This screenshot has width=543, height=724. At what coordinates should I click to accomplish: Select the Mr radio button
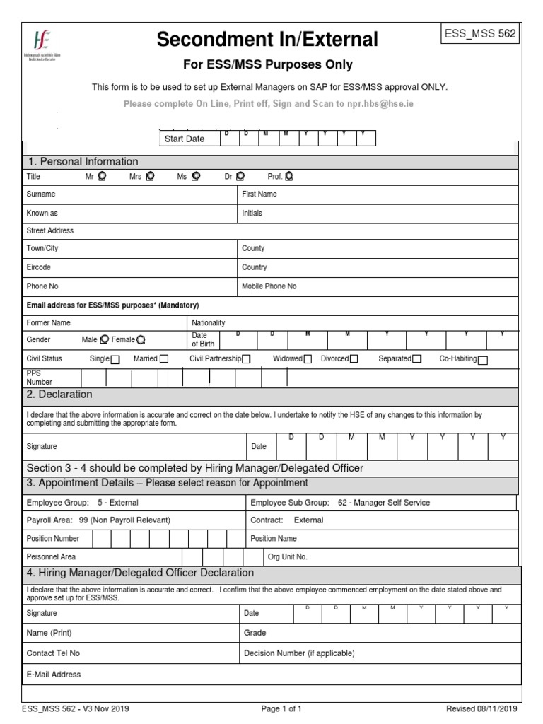tap(102, 177)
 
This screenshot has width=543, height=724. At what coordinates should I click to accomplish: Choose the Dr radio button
tap(240, 177)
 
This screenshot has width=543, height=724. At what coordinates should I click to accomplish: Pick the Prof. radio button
tap(289, 177)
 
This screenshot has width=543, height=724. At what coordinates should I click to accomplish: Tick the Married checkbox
tap(164, 359)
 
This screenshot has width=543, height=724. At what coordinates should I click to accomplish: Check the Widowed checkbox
tap(308, 359)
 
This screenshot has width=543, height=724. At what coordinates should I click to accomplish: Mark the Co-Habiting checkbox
tap(483, 360)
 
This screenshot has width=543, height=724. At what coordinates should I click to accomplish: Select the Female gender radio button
tap(141, 340)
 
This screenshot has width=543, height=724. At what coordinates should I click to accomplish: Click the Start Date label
tap(184, 139)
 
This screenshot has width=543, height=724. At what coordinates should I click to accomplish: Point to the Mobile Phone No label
tap(269, 286)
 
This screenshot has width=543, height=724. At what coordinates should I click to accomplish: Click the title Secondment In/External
tap(267, 40)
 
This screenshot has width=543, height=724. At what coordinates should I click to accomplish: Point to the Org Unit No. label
tap(287, 556)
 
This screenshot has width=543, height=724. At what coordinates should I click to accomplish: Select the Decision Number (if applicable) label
tap(299, 653)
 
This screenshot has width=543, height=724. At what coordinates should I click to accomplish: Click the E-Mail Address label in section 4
tap(54, 675)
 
